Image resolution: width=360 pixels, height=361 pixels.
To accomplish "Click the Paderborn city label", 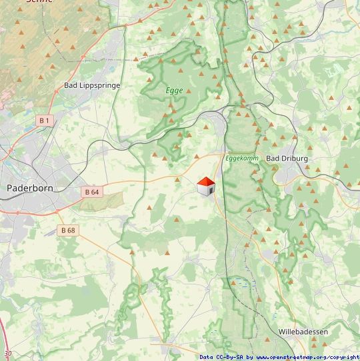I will (x=29, y=188).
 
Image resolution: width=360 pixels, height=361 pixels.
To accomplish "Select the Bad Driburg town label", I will (x=287, y=159).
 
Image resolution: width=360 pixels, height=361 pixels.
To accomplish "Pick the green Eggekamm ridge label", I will (x=241, y=159).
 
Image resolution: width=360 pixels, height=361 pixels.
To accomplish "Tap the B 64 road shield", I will (x=92, y=192).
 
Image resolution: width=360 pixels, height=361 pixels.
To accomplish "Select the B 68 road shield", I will (x=68, y=230).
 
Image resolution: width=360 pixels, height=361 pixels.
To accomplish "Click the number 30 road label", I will (x=7, y=354).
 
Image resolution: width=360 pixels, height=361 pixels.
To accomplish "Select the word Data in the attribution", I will (x=207, y=357).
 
